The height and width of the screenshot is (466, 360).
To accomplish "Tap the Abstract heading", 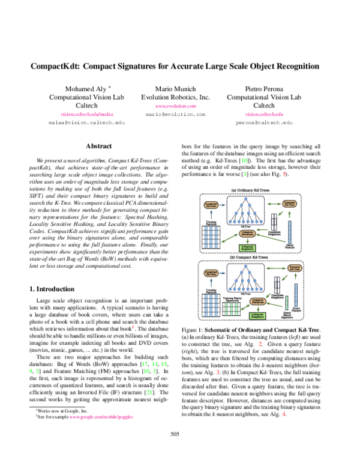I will [x=100, y=146].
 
